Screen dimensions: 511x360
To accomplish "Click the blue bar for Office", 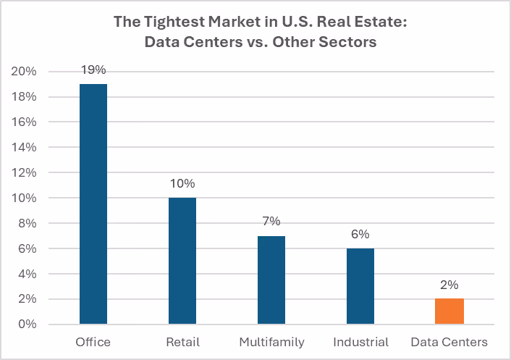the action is tap(93, 204).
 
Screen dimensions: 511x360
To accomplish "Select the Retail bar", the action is tap(182, 261).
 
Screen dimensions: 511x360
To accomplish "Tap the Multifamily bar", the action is tap(271, 280).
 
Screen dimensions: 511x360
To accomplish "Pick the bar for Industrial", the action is tap(360, 286).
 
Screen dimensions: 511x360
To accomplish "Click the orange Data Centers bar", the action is tap(449, 311).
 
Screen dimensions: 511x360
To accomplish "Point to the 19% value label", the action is tap(93, 70).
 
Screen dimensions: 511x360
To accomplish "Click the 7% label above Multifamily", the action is tap(271, 221).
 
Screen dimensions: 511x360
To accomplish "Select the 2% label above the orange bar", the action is tap(449, 285).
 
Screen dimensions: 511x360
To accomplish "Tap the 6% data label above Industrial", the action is tap(360, 234).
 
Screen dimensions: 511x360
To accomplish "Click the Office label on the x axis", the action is tap(93, 342).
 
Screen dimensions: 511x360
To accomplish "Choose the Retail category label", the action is tap(182, 342).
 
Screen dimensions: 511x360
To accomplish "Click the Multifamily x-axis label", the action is tap(272, 343).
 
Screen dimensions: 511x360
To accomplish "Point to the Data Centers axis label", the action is tap(449, 342).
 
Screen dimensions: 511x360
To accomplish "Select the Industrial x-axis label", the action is tap(360, 342).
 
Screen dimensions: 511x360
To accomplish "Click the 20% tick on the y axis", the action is tap(24, 71).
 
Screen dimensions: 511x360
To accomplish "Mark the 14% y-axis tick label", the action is tap(24, 147).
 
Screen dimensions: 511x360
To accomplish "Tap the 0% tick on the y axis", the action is tap(28, 324).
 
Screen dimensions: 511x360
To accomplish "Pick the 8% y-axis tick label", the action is tap(28, 223).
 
